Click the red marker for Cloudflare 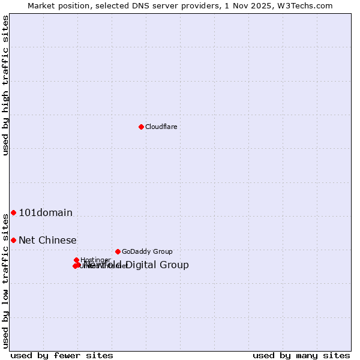pos(141,127)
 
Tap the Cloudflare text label pos(161,127)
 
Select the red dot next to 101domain pos(13,212)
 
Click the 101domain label pos(46,212)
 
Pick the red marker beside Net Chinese pos(13,240)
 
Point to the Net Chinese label pos(47,241)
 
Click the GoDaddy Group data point pos(118,251)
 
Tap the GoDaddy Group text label pos(147,251)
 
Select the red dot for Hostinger pos(76,260)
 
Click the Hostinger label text pos(95,260)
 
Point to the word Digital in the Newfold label pos(143,265)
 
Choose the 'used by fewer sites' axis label pos(62,355)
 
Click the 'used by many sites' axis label pos(301,355)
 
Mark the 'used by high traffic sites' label pos(5,86)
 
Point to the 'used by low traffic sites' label pos(5,281)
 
